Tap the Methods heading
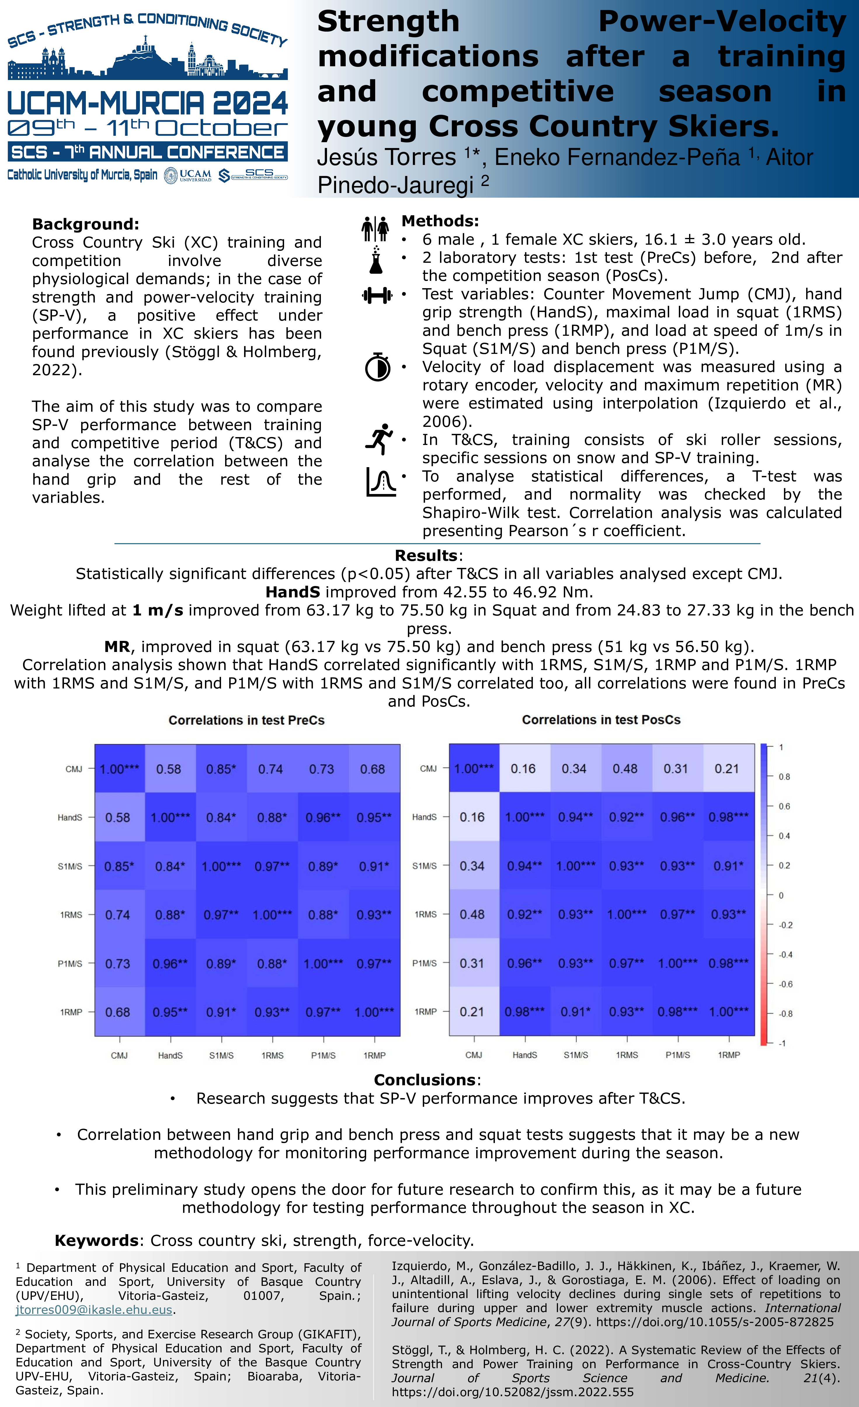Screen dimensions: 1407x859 tap(440, 221)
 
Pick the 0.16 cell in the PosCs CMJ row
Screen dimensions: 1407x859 tap(523, 768)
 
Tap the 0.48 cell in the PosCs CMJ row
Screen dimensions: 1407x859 tap(625, 768)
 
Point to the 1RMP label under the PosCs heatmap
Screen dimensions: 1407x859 tap(729, 1055)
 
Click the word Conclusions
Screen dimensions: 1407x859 tap(424, 1080)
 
